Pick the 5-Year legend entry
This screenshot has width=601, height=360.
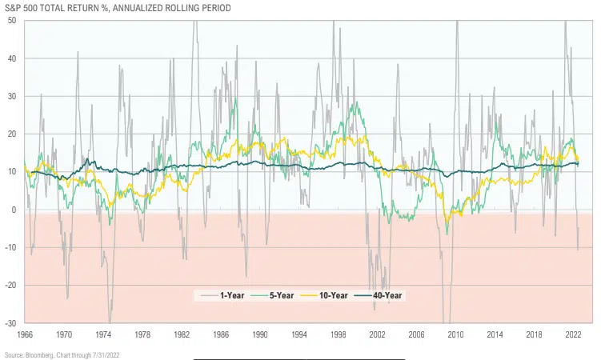click(276, 295)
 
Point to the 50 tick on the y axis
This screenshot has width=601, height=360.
click(13, 20)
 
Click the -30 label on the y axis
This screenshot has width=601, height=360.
click(11, 323)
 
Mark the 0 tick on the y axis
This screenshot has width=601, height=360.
click(15, 210)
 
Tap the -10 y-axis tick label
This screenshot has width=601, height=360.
click(11, 247)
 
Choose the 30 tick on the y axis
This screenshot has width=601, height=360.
click(13, 96)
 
